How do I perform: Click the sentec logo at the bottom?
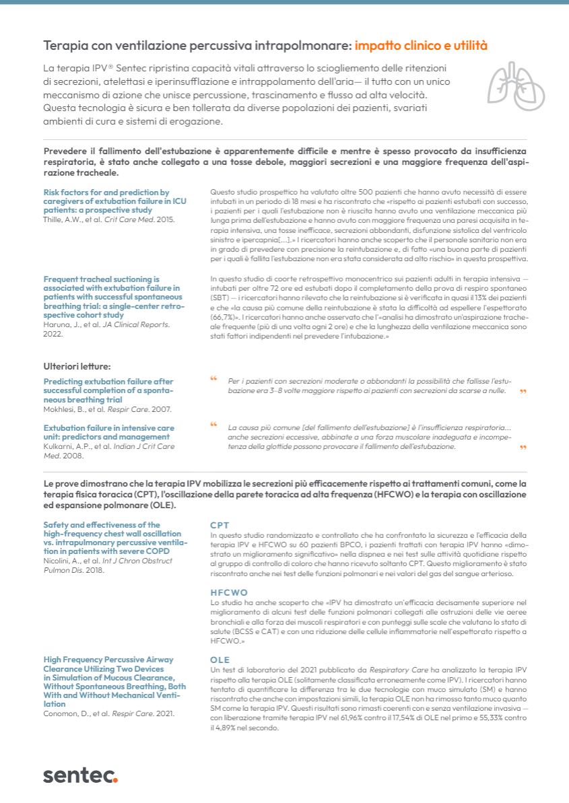coord(80,775)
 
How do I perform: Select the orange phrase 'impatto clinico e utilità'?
coord(421,46)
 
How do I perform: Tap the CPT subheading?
coord(220,525)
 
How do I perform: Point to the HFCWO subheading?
coord(229,593)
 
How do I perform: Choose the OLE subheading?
coord(220,660)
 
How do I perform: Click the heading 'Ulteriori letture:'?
coord(77,366)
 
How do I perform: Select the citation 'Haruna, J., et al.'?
coord(68,324)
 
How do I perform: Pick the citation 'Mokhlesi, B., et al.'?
coord(73,409)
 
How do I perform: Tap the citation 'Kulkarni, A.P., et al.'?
coord(75,446)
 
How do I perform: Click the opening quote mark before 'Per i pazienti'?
coord(214,379)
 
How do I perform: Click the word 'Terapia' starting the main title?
coord(66,46)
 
